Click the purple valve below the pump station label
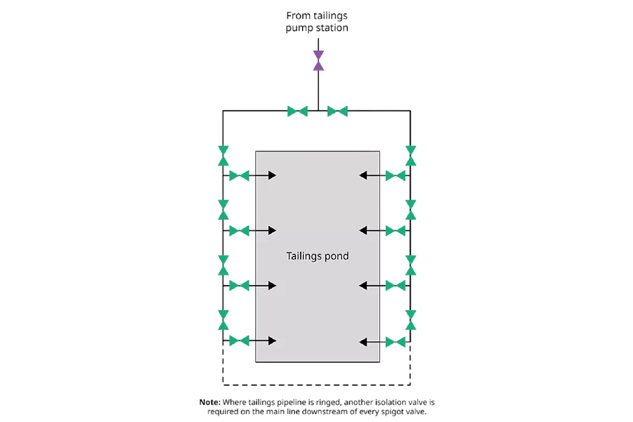(318, 61)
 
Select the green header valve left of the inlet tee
(297, 111)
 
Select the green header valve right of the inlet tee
(338, 111)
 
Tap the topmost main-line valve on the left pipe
(224, 156)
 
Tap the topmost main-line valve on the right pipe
(411, 156)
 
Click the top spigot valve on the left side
(239, 175)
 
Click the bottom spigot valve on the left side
(239, 341)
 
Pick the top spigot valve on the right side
(395, 175)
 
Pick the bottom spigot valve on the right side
(395, 342)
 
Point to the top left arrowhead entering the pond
(272, 175)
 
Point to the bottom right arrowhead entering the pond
(363, 342)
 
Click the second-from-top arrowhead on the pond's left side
(272, 231)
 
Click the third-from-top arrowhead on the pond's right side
(363, 286)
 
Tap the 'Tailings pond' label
(317, 256)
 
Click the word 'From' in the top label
(298, 16)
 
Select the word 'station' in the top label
(332, 28)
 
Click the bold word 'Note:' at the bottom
(210, 402)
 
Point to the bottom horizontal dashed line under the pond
(316, 384)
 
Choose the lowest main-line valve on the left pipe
(224, 320)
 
